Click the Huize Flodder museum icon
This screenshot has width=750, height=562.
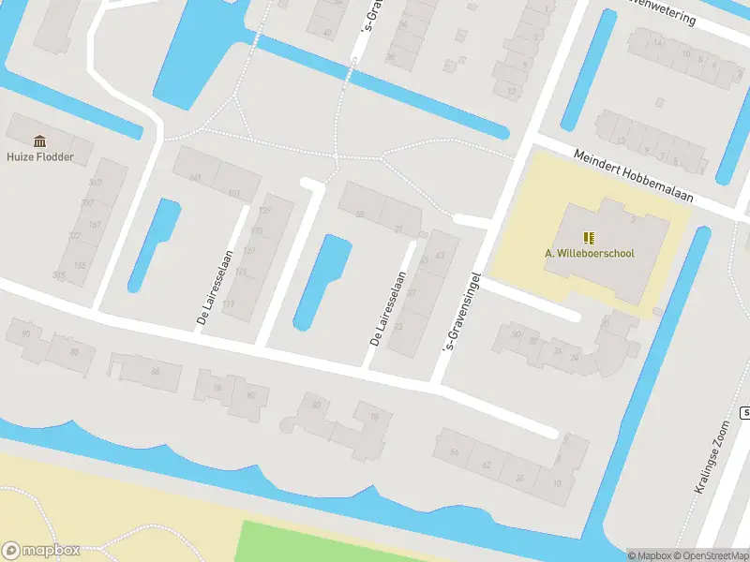click(40, 141)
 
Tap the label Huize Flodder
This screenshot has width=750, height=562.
click(39, 157)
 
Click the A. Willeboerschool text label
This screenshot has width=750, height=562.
click(590, 253)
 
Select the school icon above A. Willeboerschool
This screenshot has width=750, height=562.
click(589, 238)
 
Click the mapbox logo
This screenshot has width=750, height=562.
click(41, 551)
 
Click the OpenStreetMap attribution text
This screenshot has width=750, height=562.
click(707, 555)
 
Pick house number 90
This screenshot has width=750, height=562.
click(26, 334)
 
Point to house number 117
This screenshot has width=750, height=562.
click(228, 305)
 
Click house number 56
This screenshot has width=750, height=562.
click(455, 453)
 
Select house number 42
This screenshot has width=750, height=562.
click(487, 466)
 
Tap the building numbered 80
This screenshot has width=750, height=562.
click(317, 406)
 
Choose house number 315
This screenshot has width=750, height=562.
click(60, 275)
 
